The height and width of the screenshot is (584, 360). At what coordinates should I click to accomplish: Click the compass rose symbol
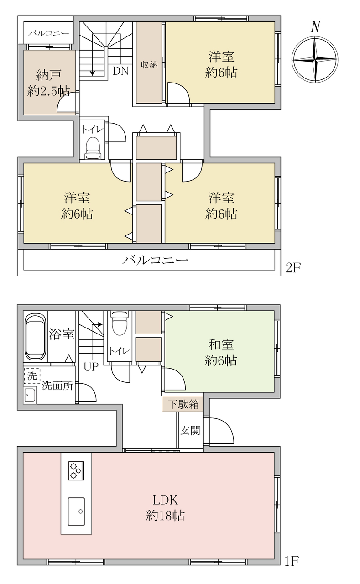point(315,60)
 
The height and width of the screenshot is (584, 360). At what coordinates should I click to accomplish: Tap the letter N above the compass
point(315,27)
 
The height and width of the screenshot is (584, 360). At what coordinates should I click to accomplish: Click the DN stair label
point(121,71)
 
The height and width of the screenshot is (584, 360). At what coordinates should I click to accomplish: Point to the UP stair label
point(91,367)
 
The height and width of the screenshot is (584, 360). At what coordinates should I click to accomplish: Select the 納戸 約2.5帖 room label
point(49,83)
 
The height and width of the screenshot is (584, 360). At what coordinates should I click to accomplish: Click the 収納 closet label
point(149,65)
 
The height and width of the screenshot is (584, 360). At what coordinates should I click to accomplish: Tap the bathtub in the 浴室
point(35,336)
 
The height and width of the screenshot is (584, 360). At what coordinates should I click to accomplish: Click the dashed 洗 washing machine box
point(32,376)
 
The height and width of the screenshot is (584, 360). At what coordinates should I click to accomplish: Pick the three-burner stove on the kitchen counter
point(76,470)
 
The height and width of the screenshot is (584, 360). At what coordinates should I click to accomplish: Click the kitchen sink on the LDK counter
point(76,511)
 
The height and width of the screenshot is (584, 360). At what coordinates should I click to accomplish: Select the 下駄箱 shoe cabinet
point(183,404)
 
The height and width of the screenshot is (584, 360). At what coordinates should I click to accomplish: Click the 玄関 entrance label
point(190,430)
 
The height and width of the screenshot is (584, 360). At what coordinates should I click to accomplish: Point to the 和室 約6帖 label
point(221,353)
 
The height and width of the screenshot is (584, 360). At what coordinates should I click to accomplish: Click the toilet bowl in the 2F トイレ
point(93,148)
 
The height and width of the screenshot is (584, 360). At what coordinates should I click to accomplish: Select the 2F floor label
point(293,268)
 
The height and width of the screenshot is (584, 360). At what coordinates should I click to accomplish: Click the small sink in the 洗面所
point(30,396)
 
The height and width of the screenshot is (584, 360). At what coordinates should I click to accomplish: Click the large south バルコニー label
point(156,260)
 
